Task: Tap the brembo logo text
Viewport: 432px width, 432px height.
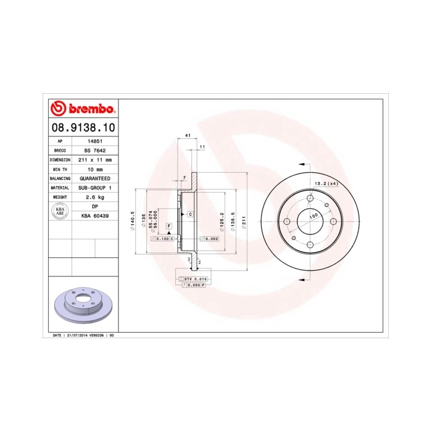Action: point(81,109)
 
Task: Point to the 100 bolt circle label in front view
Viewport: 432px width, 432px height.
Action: point(313,215)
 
